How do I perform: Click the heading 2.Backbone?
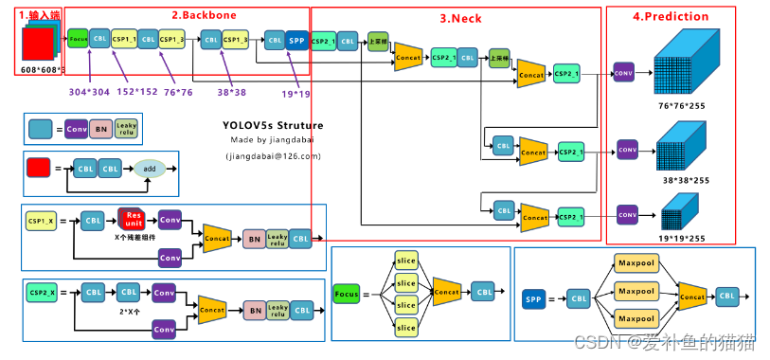tap(204, 15)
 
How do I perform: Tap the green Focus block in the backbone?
tap(78, 40)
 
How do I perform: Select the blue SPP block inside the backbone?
tap(296, 40)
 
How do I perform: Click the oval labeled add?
tap(149, 168)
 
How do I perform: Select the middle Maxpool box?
tap(636, 291)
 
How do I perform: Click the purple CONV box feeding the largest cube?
tap(623, 72)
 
